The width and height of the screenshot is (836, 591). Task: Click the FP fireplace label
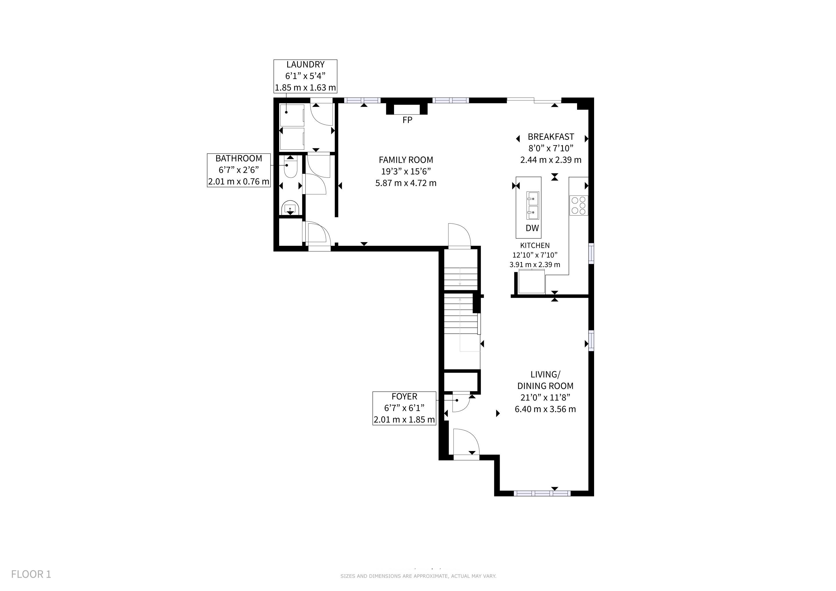(407, 120)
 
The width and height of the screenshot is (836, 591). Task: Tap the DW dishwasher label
(532, 228)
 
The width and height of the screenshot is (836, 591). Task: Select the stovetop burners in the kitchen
(579, 205)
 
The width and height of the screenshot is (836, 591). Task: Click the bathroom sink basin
(290, 207)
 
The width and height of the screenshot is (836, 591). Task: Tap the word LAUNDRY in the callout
(305, 64)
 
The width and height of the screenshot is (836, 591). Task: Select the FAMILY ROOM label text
(406, 160)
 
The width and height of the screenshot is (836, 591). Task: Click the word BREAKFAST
(551, 137)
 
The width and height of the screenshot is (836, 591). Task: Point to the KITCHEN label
(535, 246)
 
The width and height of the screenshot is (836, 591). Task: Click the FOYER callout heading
(404, 396)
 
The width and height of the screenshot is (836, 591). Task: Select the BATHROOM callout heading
(239, 158)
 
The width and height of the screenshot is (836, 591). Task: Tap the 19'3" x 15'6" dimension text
(406, 171)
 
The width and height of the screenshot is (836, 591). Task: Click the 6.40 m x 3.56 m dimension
(545, 409)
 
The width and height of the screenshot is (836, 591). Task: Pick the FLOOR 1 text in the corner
(31, 574)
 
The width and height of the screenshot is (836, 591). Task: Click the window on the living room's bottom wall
(542, 493)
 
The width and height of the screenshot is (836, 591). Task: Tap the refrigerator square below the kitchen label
(532, 281)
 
